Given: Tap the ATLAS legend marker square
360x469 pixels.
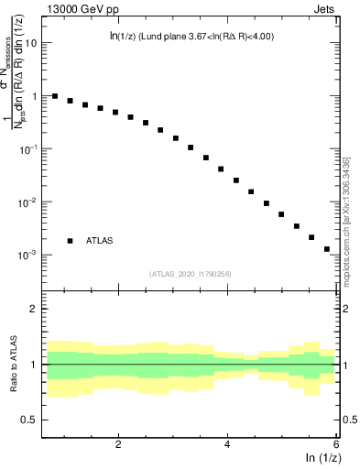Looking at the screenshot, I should coord(70,241).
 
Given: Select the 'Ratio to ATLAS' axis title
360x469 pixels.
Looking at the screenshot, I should coord(12,365).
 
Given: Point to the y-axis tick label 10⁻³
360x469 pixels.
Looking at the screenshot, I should coord(28,255).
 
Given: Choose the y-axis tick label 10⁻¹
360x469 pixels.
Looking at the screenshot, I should coord(28,148).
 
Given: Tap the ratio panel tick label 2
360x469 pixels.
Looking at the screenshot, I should coord(35,309).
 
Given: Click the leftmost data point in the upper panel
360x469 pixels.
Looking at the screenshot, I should coord(55,96).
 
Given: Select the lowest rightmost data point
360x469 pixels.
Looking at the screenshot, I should coord(326,248).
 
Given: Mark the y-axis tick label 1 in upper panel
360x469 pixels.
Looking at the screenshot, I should coord(35,96).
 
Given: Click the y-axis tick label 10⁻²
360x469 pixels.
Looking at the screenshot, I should coord(28,202).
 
